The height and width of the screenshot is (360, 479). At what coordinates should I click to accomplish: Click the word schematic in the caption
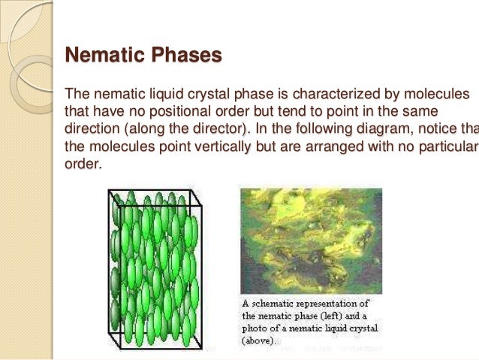click(x=279, y=304)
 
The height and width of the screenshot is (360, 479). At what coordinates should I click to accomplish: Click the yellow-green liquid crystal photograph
click(x=311, y=240)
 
